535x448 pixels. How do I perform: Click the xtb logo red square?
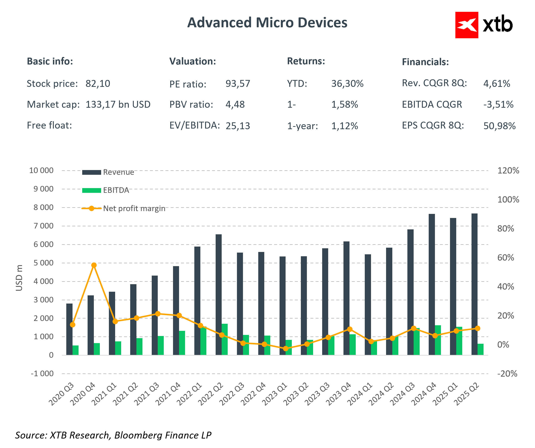point(467,25)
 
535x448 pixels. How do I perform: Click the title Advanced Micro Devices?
point(267,23)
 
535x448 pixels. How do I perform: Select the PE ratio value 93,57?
point(238,84)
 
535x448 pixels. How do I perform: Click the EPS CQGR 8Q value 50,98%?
point(499,126)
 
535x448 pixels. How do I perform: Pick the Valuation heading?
point(193,61)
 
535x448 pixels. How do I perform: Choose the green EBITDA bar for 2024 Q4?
point(438,340)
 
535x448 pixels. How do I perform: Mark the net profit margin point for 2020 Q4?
point(94,265)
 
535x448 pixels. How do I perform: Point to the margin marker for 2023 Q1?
point(286,348)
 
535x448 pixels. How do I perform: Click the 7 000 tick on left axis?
point(43,226)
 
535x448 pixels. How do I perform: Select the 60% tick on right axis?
point(506,258)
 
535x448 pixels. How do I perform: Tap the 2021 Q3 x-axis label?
point(147,394)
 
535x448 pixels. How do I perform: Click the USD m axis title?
point(19,278)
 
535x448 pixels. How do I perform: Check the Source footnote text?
point(113,435)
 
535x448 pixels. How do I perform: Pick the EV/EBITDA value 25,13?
point(238,126)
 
